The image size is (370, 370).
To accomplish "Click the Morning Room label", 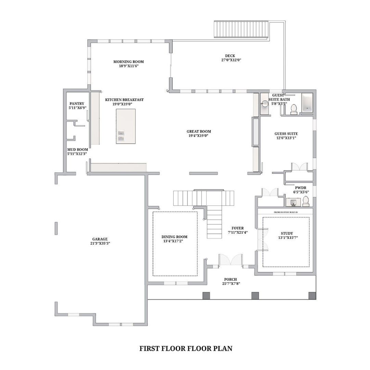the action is click(128, 62).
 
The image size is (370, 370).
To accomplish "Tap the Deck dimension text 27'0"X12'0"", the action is click(231, 60).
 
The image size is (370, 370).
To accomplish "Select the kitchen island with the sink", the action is click(126, 126).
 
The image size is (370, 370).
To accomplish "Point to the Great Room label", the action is click(199, 132).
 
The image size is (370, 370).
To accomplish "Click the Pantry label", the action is click(77, 103).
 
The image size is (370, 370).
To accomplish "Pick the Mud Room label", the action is click(77, 149).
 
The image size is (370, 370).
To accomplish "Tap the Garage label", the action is click(100, 239).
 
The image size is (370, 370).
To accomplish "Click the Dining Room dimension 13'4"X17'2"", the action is click(173, 241).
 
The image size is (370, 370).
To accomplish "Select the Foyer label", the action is click(238, 228).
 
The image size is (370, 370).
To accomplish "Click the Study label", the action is click(287, 233).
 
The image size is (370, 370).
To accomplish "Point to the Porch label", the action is click(231, 280).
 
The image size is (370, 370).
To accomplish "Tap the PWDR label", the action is click(301, 188).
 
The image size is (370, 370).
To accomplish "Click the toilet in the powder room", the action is click(306, 201).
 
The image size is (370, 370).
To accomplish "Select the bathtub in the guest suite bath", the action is click(307, 103).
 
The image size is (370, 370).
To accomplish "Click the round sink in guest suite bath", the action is click(265, 103).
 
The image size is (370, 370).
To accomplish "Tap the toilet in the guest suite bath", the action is click(294, 110).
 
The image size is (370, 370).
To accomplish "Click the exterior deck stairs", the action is click(241, 29).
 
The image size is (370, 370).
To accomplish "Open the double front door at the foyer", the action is click(231, 260).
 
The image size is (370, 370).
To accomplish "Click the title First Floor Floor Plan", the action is click(186, 348).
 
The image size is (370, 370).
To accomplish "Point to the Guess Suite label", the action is click(286, 134).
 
